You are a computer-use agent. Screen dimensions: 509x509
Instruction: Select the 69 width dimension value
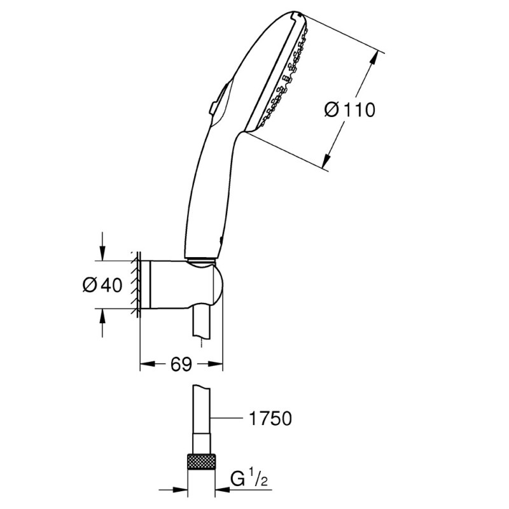coord(181,365)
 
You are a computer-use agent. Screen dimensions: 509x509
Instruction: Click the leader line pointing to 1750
coord(229,418)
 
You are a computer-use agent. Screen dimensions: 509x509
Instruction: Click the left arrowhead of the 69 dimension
coord(146,365)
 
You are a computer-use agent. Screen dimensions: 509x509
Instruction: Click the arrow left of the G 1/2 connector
coord(182,491)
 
